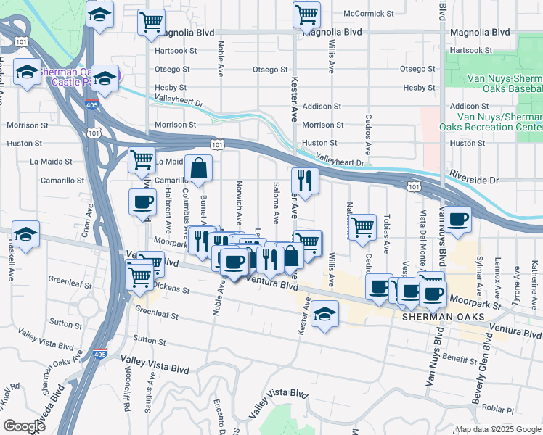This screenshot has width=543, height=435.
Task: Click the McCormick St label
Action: pyautogui.click(x=369, y=14)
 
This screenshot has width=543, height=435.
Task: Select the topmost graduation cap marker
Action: pyautogui.click(x=99, y=14)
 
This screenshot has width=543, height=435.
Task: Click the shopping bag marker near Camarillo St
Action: pyautogui.click(x=198, y=169)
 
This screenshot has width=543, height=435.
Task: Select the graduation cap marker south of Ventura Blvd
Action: pyautogui.click(x=326, y=314)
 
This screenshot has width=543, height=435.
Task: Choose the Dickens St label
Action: pyautogui.click(x=171, y=289)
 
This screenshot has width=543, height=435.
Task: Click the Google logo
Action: pyautogui.click(x=24, y=426)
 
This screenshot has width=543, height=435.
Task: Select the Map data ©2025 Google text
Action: pyautogui.click(x=498, y=429)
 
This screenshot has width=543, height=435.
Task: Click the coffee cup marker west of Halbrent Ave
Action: pyautogui.click(x=142, y=202)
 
